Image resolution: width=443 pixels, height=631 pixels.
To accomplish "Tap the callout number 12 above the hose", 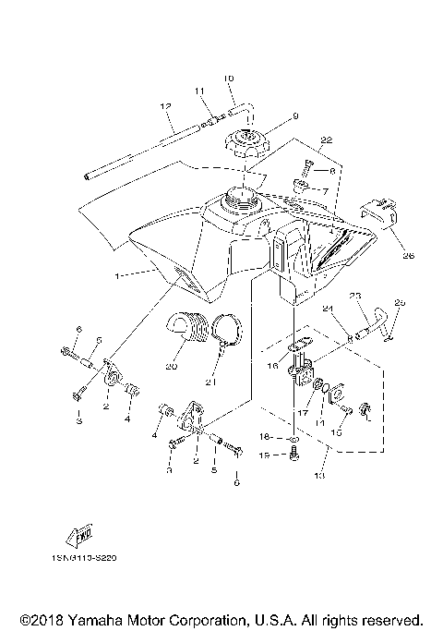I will [166, 107].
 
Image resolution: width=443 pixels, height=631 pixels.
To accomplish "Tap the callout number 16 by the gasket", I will [272, 365].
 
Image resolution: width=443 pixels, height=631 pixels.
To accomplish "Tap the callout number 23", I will [354, 296].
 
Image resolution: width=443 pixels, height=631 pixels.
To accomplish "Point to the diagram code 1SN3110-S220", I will [78, 557].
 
